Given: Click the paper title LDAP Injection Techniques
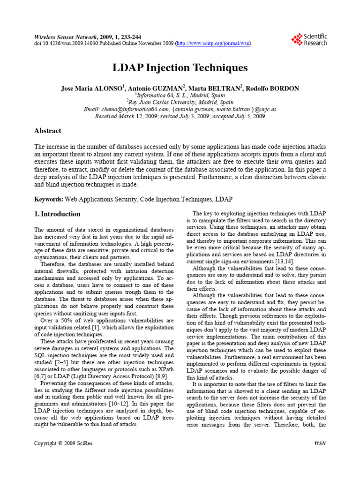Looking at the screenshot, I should point(180,68).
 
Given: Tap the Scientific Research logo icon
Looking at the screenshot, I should point(296,39).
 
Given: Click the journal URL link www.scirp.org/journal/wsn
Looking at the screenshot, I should point(214,44).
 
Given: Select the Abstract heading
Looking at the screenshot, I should point(48,131).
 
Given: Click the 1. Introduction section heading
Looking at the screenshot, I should point(58,214).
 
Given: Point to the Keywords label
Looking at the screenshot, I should point(49,199).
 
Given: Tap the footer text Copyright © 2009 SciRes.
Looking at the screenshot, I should point(64,442).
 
